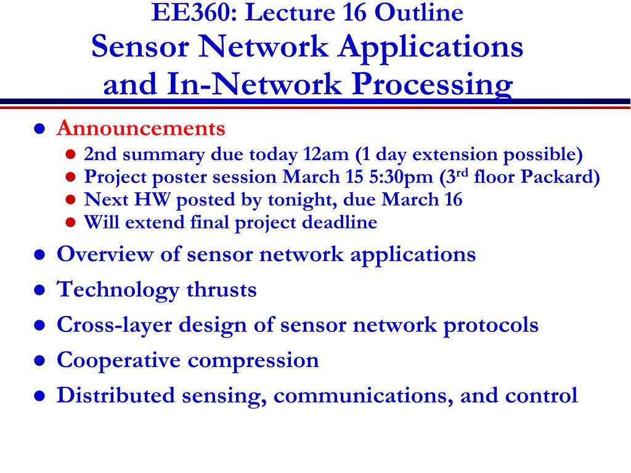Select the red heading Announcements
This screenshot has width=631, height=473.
(141, 128)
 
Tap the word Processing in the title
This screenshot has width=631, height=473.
(432, 85)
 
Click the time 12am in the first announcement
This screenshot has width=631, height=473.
(326, 154)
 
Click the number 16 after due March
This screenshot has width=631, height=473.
(454, 200)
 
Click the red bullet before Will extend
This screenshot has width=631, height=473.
(70, 222)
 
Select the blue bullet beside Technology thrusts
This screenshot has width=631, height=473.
(39, 290)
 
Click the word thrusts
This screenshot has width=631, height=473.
(221, 289)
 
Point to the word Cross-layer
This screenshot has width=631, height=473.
(114, 325)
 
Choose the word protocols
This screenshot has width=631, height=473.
(491, 325)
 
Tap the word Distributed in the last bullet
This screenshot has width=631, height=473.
(116, 395)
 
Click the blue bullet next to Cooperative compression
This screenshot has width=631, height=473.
(39, 360)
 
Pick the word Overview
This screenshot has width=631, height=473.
(105, 254)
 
